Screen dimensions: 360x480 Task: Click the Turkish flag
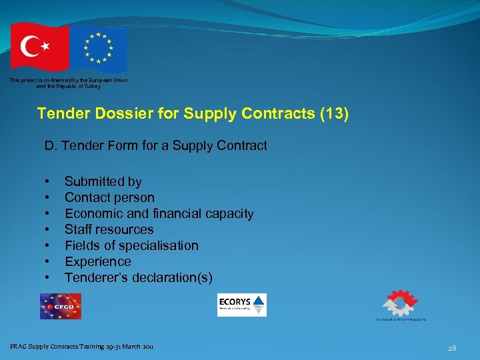click(39, 47)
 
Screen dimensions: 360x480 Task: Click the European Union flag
click(99, 48)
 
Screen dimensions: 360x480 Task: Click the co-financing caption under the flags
click(69, 83)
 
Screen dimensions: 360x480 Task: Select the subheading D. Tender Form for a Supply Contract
click(155, 145)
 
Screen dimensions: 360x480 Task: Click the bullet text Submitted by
click(103, 181)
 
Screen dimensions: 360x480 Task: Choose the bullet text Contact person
click(109, 197)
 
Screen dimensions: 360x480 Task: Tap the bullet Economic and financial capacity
click(159, 213)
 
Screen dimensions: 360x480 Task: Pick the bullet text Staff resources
click(109, 229)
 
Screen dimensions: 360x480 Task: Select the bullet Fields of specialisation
click(131, 245)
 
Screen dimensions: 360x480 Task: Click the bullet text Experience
click(97, 261)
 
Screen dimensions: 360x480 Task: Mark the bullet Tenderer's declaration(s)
click(138, 277)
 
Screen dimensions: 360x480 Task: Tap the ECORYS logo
click(242, 305)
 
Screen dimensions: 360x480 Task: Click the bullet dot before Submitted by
click(47, 181)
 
